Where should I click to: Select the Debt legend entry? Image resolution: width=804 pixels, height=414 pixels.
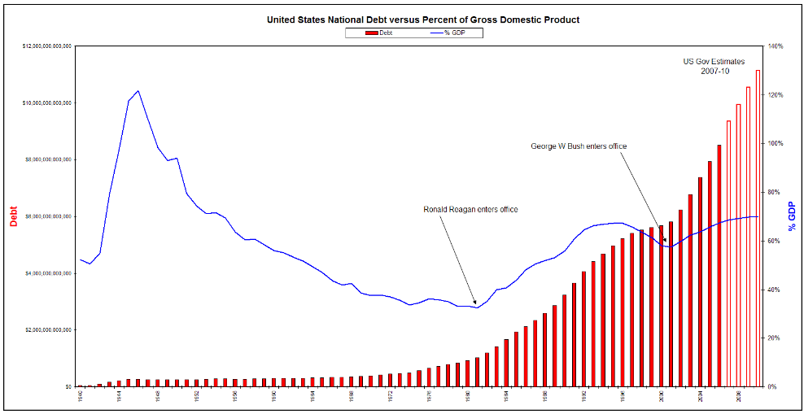(381, 33)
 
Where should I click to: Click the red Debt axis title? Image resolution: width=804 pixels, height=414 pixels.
(13, 216)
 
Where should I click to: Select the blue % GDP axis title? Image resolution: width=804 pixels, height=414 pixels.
(792, 216)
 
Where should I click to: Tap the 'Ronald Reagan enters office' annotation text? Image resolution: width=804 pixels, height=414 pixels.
(470, 210)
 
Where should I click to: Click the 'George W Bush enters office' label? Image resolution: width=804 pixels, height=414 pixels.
(579, 146)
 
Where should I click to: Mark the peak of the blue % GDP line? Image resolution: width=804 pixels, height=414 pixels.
(138, 91)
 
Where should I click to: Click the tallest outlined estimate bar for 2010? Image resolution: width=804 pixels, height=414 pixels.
(758, 228)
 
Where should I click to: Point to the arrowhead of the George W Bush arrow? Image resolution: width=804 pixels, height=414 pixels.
(666, 242)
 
